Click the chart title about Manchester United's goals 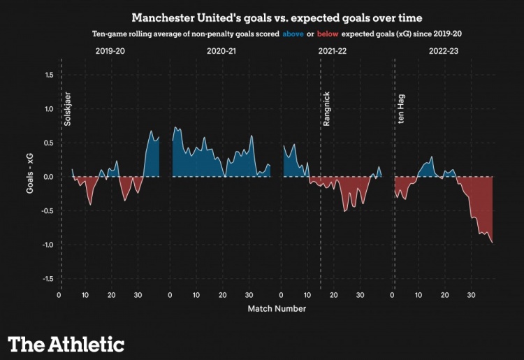pos(276,16)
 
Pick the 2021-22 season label pos(333,52)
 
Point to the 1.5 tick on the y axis pos(50,75)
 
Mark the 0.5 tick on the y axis pos(50,143)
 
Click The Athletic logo pos(66,343)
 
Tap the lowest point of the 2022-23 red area pos(493,243)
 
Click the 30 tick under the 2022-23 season pos(471,295)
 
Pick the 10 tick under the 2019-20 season pos(85,295)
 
